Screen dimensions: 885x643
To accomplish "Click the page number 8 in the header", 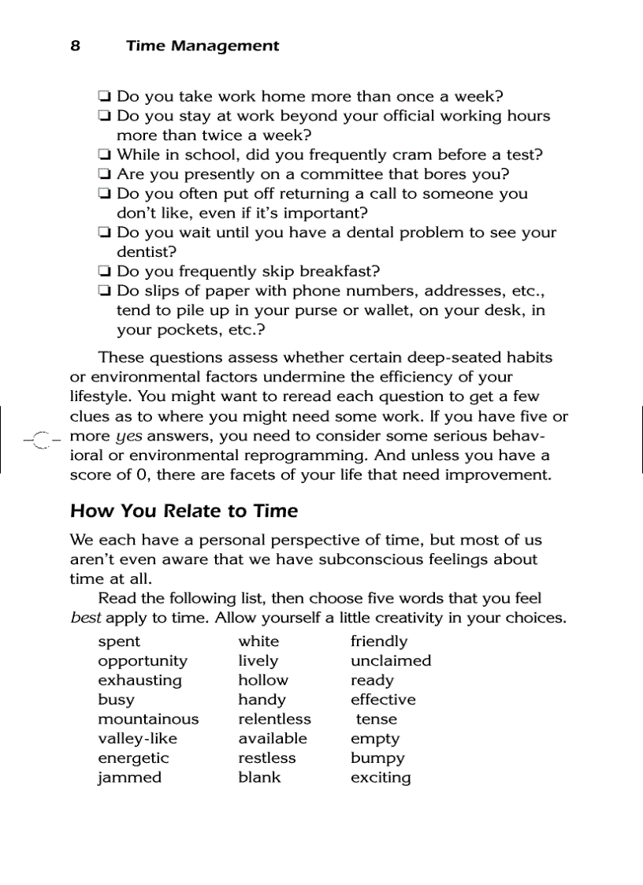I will click(x=75, y=46).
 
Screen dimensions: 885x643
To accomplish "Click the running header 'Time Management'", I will click(x=202, y=46).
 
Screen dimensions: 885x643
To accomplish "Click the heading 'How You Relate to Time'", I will click(x=184, y=511).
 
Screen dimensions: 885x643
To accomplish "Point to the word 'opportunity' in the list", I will click(x=143, y=661).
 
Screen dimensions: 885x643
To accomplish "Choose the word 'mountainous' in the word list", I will click(x=148, y=719).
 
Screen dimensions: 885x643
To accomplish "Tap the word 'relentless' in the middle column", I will click(x=274, y=719).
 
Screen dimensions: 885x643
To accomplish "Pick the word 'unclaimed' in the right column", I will click(x=391, y=661).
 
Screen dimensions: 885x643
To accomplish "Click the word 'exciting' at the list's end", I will click(x=381, y=778).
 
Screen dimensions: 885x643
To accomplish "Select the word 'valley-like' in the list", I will click(x=137, y=738).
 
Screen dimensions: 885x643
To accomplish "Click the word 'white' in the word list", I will click(x=258, y=641).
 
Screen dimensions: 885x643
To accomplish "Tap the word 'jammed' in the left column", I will click(x=129, y=778).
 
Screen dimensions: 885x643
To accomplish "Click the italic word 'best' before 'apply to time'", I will click(x=86, y=618).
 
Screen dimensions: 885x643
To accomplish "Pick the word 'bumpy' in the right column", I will click(x=377, y=758).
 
